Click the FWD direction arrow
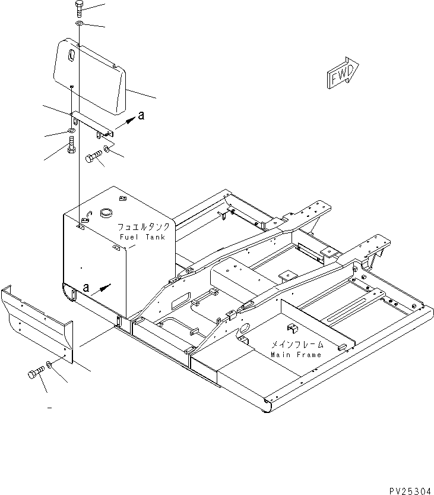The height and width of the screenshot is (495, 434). pyautogui.click(x=343, y=73)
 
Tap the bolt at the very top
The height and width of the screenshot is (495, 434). pyautogui.click(x=78, y=9)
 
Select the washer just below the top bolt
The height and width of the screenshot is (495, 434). pyautogui.click(x=79, y=23)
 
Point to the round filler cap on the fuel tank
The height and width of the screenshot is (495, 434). pyautogui.click(x=106, y=213)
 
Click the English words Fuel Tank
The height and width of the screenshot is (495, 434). pyautogui.click(x=142, y=237)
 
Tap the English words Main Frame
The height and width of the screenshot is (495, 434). pyautogui.click(x=296, y=355)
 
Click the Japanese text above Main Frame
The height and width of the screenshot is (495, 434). pyautogui.click(x=297, y=345)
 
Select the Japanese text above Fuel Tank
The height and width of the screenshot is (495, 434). pyautogui.click(x=143, y=227)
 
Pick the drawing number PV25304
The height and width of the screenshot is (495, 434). pyautogui.click(x=410, y=491)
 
